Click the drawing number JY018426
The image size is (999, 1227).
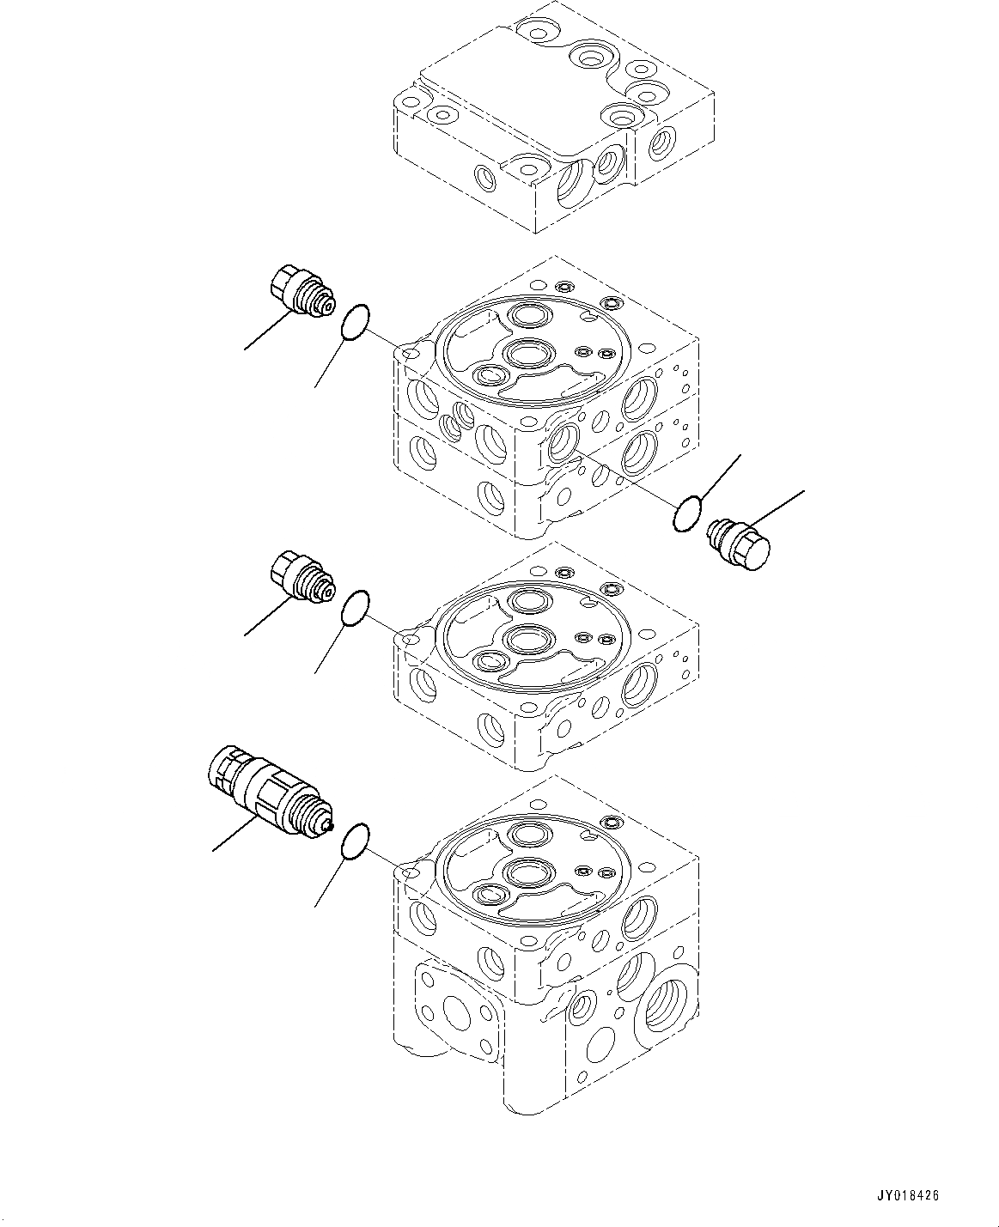tap(909, 1194)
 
